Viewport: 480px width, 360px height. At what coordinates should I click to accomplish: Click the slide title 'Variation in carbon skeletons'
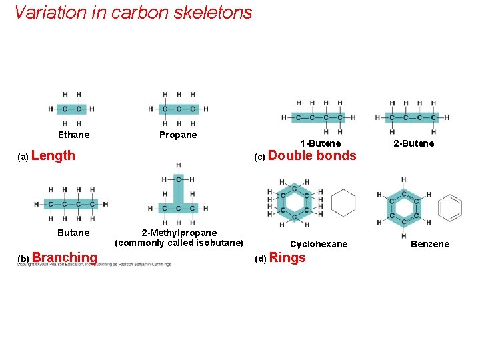[133, 13]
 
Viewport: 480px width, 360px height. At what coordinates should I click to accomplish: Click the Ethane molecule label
[73, 135]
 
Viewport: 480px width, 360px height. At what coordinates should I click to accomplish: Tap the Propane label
[178, 135]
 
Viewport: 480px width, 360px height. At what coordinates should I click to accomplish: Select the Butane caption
[73, 233]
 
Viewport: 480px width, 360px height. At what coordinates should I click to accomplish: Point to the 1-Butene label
[320, 143]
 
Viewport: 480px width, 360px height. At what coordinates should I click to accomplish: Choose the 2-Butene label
[413, 143]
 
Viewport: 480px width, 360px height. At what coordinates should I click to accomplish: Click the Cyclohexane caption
[319, 244]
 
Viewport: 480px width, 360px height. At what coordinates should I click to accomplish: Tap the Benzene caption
[430, 244]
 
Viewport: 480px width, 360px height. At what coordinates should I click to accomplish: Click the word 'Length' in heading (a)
[53, 156]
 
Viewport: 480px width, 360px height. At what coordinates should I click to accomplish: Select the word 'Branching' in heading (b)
[65, 257]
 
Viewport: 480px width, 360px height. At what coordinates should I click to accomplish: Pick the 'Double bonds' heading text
[312, 156]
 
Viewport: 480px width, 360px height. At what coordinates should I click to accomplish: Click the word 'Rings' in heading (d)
[287, 258]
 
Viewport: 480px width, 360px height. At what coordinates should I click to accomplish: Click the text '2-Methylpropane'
[179, 233]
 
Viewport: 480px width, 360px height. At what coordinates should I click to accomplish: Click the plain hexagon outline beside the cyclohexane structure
[343, 203]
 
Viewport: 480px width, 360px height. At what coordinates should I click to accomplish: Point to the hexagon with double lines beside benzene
[450, 207]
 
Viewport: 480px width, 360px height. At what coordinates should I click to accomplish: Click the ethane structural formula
[70, 109]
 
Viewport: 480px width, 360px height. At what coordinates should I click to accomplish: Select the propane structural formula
[178, 109]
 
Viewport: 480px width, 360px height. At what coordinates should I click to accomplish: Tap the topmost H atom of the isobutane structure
[179, 165]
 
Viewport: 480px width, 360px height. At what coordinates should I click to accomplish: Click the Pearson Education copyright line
[93, 265]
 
